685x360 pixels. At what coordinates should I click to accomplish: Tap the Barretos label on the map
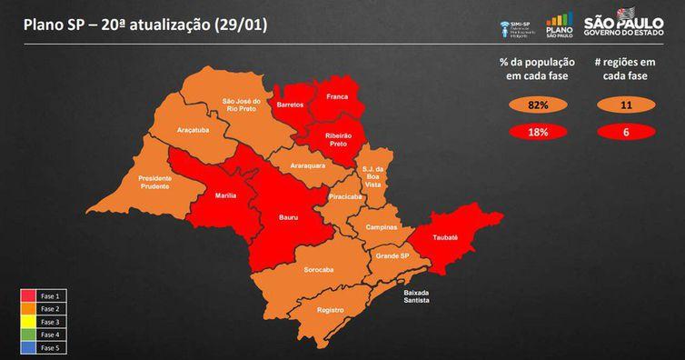tap(291, 105)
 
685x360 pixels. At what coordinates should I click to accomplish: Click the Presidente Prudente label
tap(154, 183)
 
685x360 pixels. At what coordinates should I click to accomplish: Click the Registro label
tap(331, 310)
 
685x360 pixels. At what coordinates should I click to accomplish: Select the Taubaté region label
tap(445, 236)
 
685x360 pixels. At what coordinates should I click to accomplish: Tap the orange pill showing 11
tap(624, 105)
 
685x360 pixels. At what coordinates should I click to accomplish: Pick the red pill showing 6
tap(624, 132)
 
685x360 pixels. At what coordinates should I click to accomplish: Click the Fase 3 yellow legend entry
tap(43, 322)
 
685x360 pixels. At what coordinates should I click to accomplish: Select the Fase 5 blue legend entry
tap(43, 347)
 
